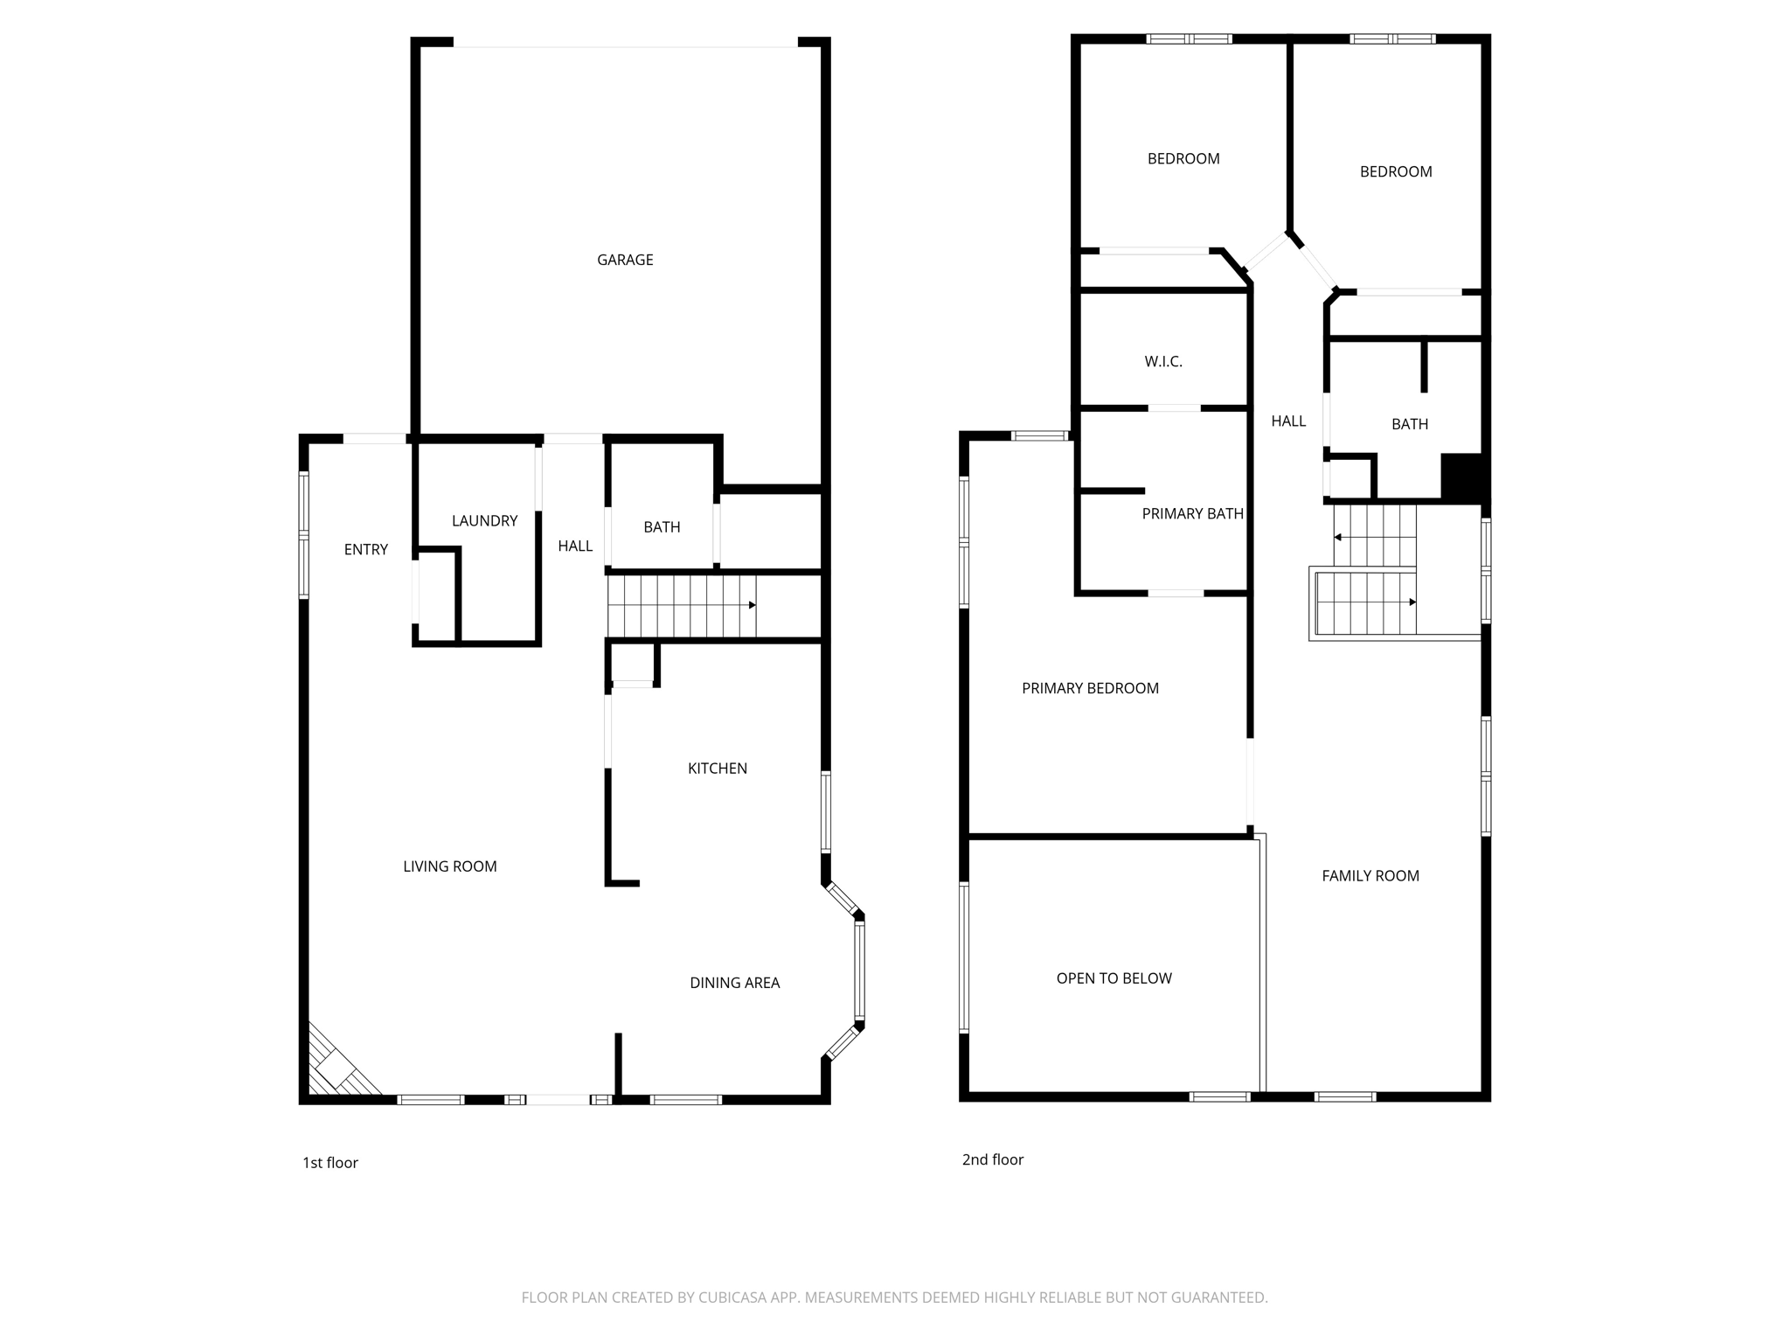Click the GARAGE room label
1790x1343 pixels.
(625, 260)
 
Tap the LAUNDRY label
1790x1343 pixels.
(484, 520)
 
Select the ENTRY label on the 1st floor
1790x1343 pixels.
(365, 549)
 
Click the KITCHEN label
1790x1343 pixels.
(717, 768)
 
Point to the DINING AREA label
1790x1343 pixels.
(734, 983)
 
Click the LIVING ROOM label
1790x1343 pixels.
(449, 866)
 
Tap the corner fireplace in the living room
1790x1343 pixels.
(336, 1067)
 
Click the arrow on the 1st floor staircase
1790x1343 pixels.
(752, 605)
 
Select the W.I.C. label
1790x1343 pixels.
(1163, 361)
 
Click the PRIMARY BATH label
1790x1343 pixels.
(1192, 513)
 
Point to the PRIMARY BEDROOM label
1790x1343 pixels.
(1090, 688)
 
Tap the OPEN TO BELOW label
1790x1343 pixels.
(1114, 978)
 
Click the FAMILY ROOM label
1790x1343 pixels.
(1370, 875)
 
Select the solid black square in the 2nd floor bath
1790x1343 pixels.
(1461, 477)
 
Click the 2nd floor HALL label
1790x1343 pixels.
(1288, 421)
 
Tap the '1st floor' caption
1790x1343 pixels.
(330, 1163)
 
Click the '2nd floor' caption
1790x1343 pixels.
(992, 1159)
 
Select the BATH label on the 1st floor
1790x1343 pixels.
(662, 526)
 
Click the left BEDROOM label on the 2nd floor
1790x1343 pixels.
(1183, 158)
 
